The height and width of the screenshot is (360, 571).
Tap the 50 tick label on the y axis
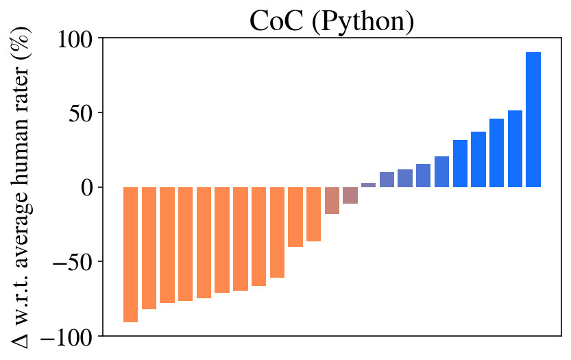pos(84,113)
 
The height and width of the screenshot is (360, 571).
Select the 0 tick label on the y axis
pos(90,187)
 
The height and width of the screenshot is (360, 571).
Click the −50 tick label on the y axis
pos(75,262)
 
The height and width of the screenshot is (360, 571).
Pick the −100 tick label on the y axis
pos(69,336)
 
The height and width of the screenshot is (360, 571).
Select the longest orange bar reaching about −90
pos(130,254)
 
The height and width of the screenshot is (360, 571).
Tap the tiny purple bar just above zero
pos(369,185)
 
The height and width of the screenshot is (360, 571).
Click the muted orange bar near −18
pos(332,200)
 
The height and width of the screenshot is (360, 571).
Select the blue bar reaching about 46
pos(497,153)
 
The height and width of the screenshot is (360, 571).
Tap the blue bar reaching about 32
pos(460,163)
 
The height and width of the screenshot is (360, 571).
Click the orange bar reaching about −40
pos(295,217)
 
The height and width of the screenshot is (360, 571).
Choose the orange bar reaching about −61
pos(277,232)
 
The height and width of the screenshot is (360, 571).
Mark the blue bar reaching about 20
pos(442,172)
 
